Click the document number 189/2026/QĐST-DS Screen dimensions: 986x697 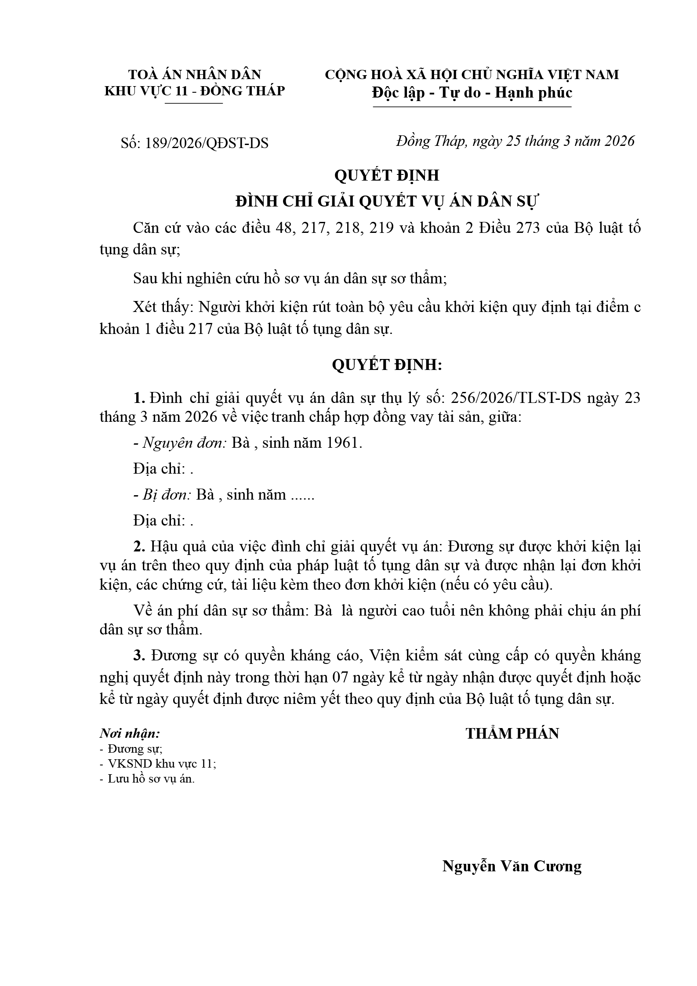click(206, 143)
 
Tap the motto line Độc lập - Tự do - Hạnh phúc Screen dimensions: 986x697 click(472, 93)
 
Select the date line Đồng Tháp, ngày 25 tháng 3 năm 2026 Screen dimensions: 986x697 click(515, 141)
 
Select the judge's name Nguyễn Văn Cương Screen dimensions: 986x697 click(512, 866)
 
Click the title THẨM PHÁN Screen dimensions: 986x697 click(512, 733)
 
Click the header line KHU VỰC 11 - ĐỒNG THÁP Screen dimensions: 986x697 click(194, 91)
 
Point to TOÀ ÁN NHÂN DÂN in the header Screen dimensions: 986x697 click(194, 74)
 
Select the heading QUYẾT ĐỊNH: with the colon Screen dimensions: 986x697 click(387, 365)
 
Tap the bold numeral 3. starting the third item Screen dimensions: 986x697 click(139, 656)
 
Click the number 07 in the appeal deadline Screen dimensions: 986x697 click(342, 678)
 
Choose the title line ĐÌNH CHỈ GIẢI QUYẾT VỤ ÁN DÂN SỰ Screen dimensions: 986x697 click(387, 201)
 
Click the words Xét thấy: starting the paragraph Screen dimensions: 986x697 click(163, 307)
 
